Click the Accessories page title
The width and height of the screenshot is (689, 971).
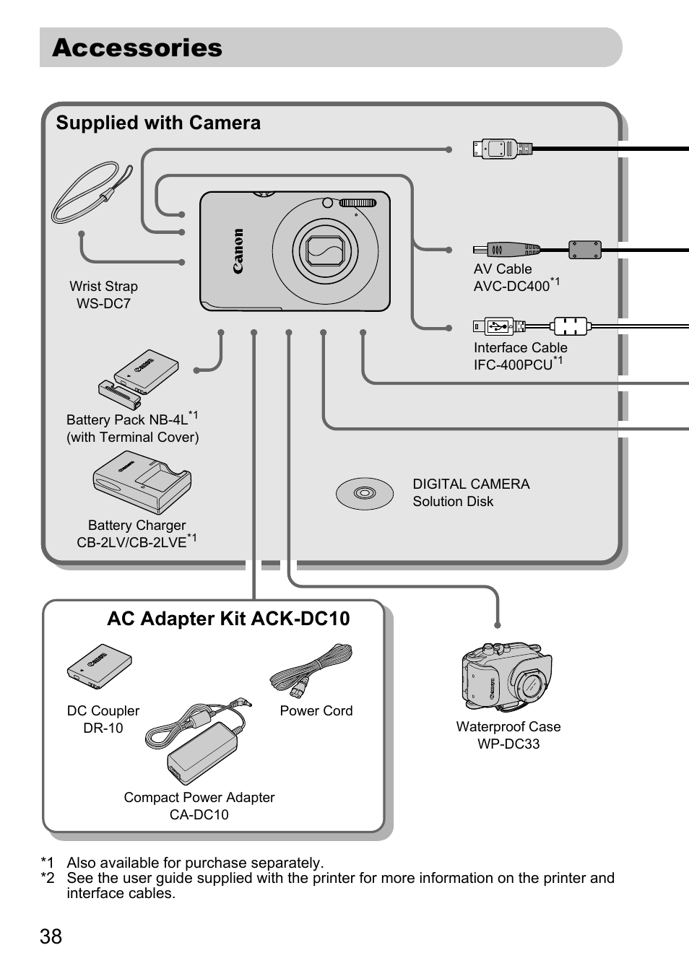pyautogui.click(x=137, y=48)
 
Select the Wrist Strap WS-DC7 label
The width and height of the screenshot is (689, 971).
pyautogui.click(x=103, y=295)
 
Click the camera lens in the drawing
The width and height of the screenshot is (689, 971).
pyautogui.click(x=325, y=251)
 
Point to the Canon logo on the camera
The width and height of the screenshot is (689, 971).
pyautogui.click(x=238, y=251)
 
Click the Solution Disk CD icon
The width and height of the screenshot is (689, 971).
pyautogui.click(x=365, y=494)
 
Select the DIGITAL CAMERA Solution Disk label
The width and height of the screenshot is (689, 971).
pyautogui.click(x=471, y=492)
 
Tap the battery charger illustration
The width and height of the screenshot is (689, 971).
pyautogui.click(x=142, y=482)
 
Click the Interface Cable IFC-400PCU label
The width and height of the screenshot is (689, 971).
pyautogui.click(x=519, y=356)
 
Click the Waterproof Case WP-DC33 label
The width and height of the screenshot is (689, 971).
pyautogui.click(x=508, y=735)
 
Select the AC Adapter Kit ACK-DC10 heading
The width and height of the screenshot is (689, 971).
pyautogui.click(x=228, y=619)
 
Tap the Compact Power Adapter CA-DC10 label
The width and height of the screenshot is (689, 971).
pyautogui.click(x=199, y=806)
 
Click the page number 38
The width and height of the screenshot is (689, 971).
pyautogui.click(x=51, y=936)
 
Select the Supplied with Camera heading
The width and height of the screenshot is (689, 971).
pyautogui.click(x=158, y=123)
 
